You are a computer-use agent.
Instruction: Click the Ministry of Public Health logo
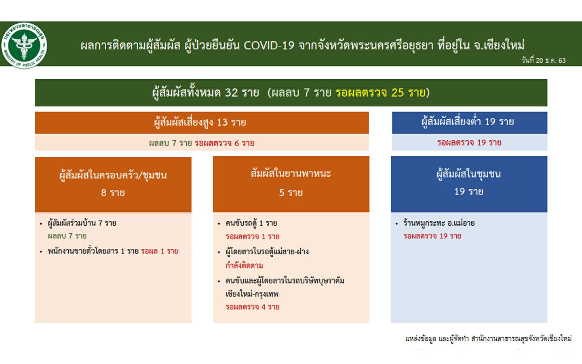click(x=24, y=45)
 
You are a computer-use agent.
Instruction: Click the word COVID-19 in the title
click(x=269, y=46)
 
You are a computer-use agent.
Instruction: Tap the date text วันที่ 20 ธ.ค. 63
click(x=543, y=60)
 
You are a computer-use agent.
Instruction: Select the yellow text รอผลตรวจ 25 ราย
click(x=380, y=93)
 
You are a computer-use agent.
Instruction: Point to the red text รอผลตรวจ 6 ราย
click(x=225, y=143)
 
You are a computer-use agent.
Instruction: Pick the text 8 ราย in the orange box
click(x=113, y=193)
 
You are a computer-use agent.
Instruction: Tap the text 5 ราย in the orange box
click(x=291, y=193)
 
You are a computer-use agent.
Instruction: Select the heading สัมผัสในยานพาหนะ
click(x=291, y=174)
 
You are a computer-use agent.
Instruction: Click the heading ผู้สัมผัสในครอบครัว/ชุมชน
click(x=113, y=175)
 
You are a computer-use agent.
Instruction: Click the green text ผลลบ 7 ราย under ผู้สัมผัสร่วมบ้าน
click(x=67, y=236)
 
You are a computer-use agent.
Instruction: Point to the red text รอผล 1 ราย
click(x=160, y=251)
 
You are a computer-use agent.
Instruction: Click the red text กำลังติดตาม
click(x=244, y=265)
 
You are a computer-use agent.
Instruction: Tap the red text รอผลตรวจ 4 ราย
click(x=253, y=307)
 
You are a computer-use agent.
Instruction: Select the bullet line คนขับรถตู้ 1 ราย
click(x=251, y=223)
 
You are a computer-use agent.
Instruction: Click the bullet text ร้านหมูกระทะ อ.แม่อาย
click(x=439, y=223)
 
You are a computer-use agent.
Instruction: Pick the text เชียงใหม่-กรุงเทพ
click(x=252, y=294)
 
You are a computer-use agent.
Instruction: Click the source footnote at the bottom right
click(x=489, y=339)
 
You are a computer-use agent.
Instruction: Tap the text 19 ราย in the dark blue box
click(x=469, y=192)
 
